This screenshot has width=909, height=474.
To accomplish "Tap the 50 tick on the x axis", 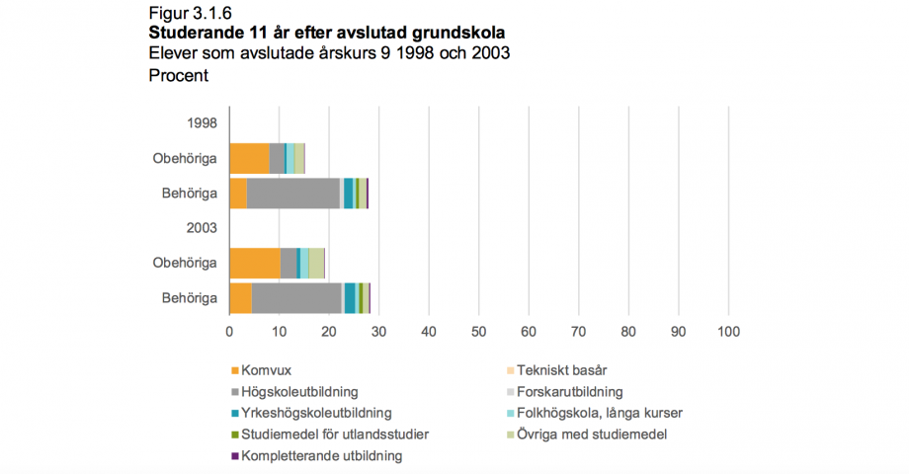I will tap(478, 332).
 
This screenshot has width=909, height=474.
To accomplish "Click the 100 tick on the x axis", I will tap(728, 332).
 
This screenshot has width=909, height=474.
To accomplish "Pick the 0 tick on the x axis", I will tap(229, 332).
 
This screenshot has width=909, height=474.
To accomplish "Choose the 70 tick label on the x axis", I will tap(578, 332).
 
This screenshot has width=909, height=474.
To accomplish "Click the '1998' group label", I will tap(202, 123).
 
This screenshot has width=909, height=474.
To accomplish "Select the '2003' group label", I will tap(202, 228).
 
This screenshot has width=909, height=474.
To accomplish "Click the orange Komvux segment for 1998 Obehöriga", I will tap(249, 158).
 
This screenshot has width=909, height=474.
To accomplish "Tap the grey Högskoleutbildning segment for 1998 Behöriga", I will tap(292, 193).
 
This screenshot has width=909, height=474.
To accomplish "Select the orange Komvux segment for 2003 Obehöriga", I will tap(254, 263).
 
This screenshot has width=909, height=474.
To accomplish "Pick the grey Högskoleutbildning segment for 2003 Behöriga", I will tap(296, 297).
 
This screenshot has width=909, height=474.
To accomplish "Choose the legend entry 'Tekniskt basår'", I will tap(561, 370).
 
